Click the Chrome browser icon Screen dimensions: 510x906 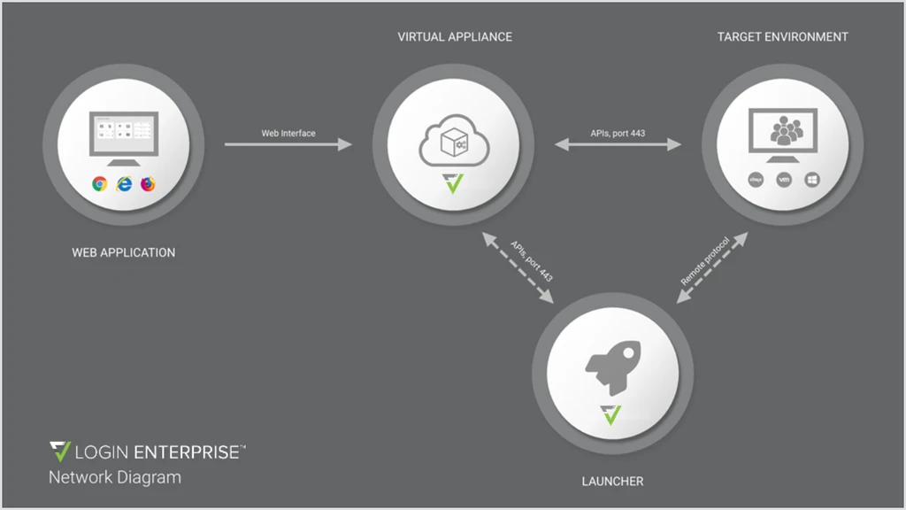point(100,184)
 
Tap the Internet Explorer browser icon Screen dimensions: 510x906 point(124,184)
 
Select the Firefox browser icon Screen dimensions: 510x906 point(148,184)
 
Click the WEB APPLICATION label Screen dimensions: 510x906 point(124,252)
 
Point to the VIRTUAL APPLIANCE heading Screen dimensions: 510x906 point(455,37)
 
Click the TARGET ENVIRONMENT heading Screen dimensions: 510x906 point(782,37)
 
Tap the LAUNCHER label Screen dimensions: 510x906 point(612,482)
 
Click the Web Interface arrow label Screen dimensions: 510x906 point(288,134)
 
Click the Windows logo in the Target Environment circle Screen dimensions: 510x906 point(812,180)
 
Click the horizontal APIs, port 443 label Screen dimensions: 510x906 point(618,134)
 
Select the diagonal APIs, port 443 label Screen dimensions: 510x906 point(532,260)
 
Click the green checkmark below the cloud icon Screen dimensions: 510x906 point(454,184)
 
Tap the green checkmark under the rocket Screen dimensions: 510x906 point(611,413)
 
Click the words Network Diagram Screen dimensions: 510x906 point(115,477)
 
